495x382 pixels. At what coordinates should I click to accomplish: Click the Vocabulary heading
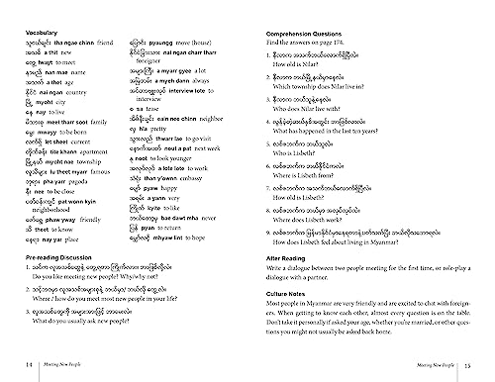(x=41, y=32)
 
